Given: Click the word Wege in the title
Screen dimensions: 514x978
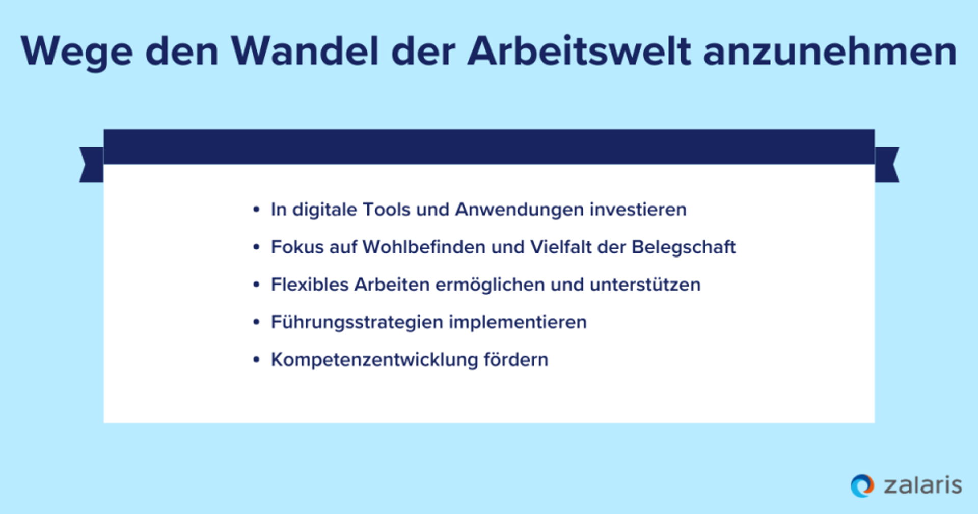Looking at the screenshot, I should (x=76, y=53).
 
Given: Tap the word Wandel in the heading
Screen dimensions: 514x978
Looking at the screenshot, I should (x=305, y=52).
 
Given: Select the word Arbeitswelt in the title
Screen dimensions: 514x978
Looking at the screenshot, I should (x=579, y=52).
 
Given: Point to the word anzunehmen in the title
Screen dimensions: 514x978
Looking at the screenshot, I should (x=830, y=53).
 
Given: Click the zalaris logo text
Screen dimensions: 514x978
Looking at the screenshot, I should (x=922, y=485).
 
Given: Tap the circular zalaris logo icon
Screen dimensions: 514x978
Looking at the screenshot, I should (x=862, y=485).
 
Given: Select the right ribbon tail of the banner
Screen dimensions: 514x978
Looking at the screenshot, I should (x=887, y=165).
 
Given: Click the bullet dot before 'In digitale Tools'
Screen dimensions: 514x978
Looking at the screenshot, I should (x=256, y=210).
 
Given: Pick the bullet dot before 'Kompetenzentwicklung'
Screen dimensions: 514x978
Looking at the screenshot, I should (x=256, y=360).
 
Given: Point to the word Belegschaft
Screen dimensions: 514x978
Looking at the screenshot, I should (x=684, y=247).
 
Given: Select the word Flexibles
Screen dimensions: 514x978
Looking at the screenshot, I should (x=310, y=285).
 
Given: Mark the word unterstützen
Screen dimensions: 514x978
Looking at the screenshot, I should (x=645, y=285).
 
